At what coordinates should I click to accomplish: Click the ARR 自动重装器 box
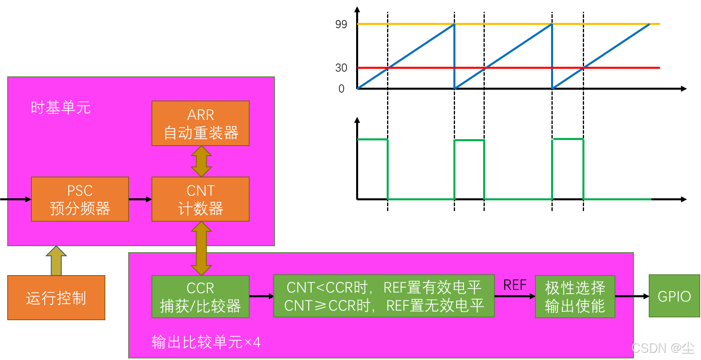click(200, 123)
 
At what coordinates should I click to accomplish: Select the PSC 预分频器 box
click(80, 199)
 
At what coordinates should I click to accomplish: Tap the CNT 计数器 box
click(200, 199)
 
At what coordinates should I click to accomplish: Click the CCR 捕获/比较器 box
click(200, 297)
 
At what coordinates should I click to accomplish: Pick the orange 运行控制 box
click(56, 298)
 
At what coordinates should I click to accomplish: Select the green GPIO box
click(674, 296)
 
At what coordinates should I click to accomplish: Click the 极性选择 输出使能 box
click(575, 297)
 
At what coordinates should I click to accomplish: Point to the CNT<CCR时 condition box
click(383, 296)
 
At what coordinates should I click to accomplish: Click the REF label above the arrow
click(514, 285)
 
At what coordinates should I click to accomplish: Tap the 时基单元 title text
click(61, 107)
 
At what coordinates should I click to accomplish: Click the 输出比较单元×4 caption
click(206, 342)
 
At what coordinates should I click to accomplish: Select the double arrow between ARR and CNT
click(201, 161)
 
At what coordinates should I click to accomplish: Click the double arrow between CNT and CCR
click(201, 248)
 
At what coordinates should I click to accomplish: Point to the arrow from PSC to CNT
click(140, 199)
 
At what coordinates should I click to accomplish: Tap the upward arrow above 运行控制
click(56, 261)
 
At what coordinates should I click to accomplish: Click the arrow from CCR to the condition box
click(261, 296)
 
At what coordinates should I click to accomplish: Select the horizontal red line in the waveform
click(523, 68)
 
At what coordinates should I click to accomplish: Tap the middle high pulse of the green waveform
click(469, 141)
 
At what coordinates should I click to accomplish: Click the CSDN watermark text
click(663, 348)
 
